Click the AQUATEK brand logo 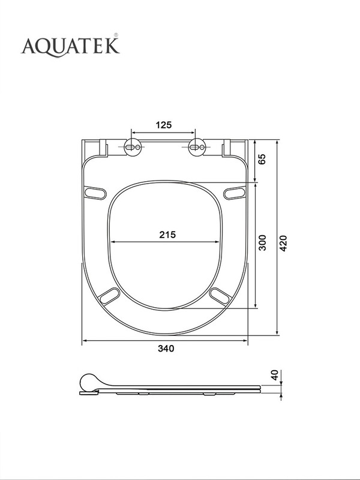[x=70, y=46]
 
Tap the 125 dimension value [x=164, y=125]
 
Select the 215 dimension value [x=167, y=235]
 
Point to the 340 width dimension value [x=166, y=349]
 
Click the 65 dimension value [x=262, y=159]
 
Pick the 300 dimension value [x=262, y=243]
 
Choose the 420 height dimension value [x=284, y=244]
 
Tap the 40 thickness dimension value [x=275, y=375]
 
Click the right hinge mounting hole [x=197, y=147]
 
